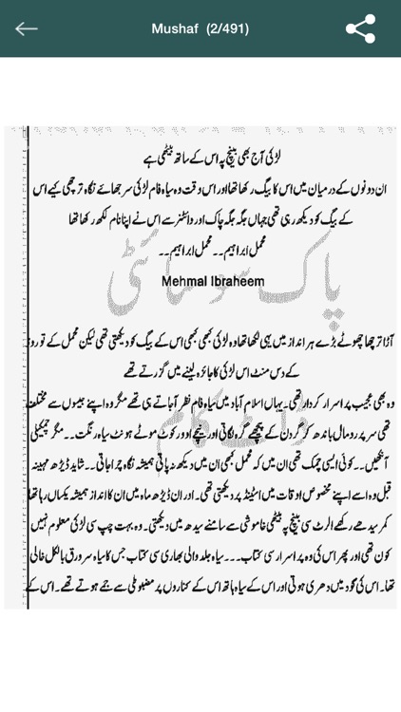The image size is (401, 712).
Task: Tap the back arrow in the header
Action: [27, 28]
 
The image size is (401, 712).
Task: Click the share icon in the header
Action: [360, 28]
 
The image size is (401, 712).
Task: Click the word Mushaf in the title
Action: [175, 28]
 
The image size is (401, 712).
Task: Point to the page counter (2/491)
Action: [227, 28]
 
